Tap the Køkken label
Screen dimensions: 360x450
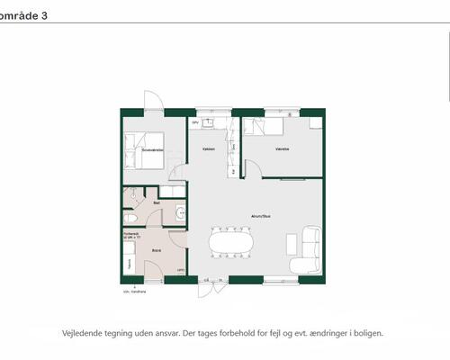coord(208,149)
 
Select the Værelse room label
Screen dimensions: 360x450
coord(282,150)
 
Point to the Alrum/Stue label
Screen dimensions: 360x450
coord(262,216)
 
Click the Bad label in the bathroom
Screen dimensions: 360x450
coord(157,202)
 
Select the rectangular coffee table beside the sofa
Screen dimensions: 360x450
coord(290,243)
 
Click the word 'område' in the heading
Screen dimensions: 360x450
coord(18,14)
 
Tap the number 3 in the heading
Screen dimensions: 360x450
coord(44,14)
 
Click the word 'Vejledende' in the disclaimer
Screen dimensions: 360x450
coord(83,332)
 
